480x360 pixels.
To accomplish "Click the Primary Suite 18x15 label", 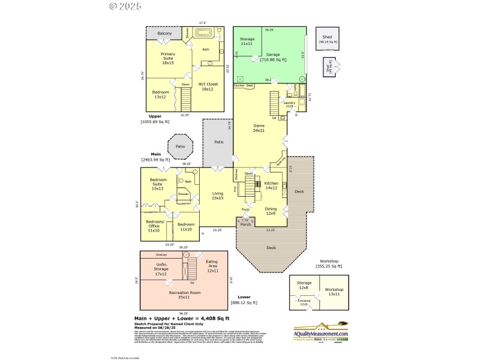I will pyautogui.click(x=167, y=58).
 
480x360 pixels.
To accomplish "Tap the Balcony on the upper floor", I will pyautogui.click(x=164, y=34).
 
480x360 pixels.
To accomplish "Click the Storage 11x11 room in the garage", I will pyautogui.click(x=247, y=42).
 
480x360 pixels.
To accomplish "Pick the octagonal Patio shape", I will pyautogui.click(x=180, y=146).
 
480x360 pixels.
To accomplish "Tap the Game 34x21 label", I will pyautogui.click(x=259, y=128).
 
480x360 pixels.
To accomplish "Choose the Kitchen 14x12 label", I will pyautogui.click(x=271, y=185).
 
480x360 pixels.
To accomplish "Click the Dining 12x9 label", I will pyautogui.click(x=271, y=211).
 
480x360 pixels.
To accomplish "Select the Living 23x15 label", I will pyautogui.click(x=217, y=196).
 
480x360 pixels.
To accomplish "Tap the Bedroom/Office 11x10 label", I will pyautogui.click(x=153, y=227).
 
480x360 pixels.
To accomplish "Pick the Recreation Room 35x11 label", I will pyautogui.click(x=184, y=295).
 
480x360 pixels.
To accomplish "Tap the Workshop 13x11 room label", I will pyautogui.click(x=334, y=292).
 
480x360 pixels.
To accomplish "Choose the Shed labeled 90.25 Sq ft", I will pyautogui.click(x=328, y=39).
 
